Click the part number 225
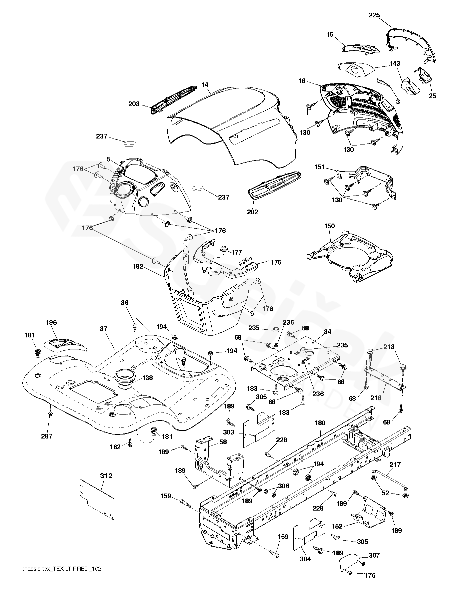[374, 15]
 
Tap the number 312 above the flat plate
[106, 476]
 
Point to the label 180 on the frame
[320, 423]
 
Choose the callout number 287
[47, 436]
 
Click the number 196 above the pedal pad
[51, 322]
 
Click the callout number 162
[115, 447]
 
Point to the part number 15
[330, 34]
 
